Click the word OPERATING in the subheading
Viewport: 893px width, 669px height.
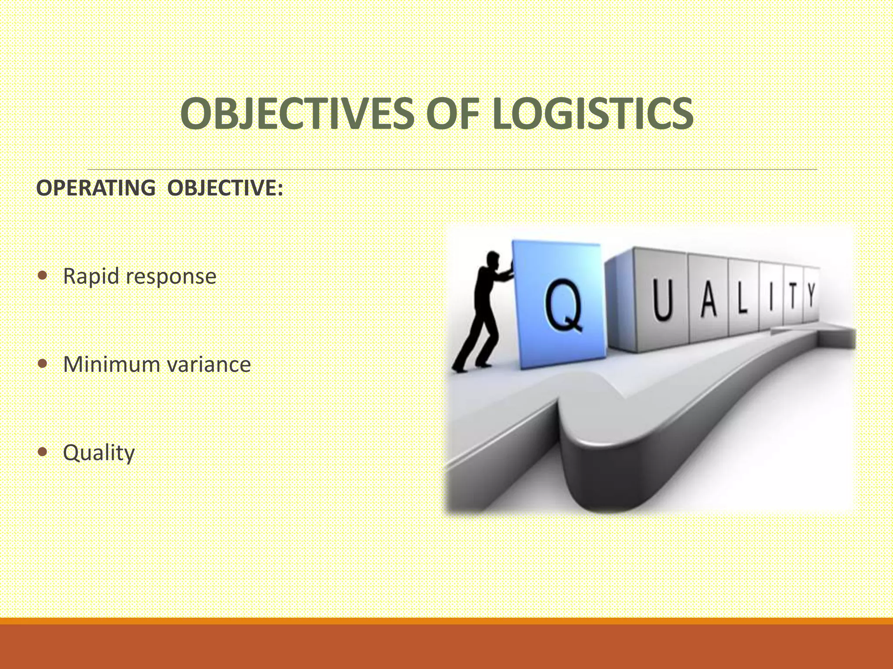[95, 188]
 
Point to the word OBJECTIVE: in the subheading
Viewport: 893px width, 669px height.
[225, 188]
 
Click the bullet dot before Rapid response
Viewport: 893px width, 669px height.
[42, 276]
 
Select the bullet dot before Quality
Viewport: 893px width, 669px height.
[42, 452]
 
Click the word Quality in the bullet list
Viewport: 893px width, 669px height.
[99, 453]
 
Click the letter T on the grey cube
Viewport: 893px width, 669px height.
[793, 297]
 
